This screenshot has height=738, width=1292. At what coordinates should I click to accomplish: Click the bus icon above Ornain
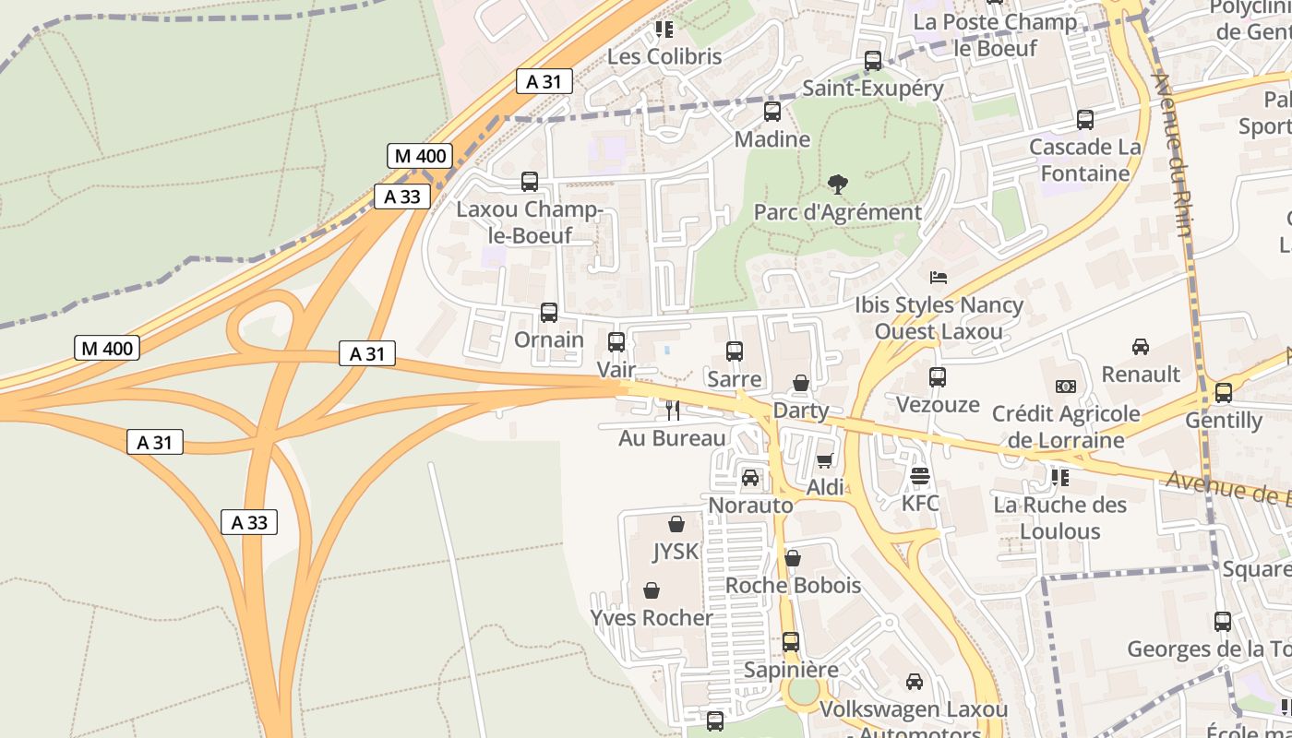click(549, 313)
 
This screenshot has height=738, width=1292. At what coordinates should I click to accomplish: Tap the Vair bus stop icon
click(616, 342)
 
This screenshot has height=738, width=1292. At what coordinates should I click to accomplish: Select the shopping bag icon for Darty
click(801, 383)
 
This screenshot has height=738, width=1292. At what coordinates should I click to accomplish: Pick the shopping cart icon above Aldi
click(825, 460)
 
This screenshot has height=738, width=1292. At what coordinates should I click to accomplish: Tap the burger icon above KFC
click(920, 476)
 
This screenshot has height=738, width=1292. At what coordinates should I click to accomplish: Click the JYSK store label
click(676, 552)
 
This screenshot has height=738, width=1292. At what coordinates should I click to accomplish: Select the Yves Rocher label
click(652, 617)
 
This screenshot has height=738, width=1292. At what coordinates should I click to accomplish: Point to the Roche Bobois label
click(793, 585)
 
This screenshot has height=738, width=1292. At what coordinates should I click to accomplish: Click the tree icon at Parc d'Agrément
click(838, 184)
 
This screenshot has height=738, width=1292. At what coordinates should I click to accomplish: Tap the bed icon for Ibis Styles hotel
click(939, 277)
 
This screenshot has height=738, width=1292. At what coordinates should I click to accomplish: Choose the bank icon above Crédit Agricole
click(1066, 387)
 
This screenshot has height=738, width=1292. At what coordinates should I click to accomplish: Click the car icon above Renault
click(1141, 347)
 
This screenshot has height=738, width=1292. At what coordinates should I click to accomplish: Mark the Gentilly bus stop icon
click(1224, 393)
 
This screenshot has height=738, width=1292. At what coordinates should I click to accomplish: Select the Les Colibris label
click(664, 56)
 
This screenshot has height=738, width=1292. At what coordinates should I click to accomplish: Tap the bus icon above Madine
click(772, 112)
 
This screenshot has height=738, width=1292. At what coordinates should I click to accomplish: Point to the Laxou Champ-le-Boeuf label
click(530, 222)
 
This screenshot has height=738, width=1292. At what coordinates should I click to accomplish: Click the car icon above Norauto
click(750, 478)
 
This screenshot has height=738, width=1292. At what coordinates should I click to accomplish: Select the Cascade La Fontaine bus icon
click(1085, 120)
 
